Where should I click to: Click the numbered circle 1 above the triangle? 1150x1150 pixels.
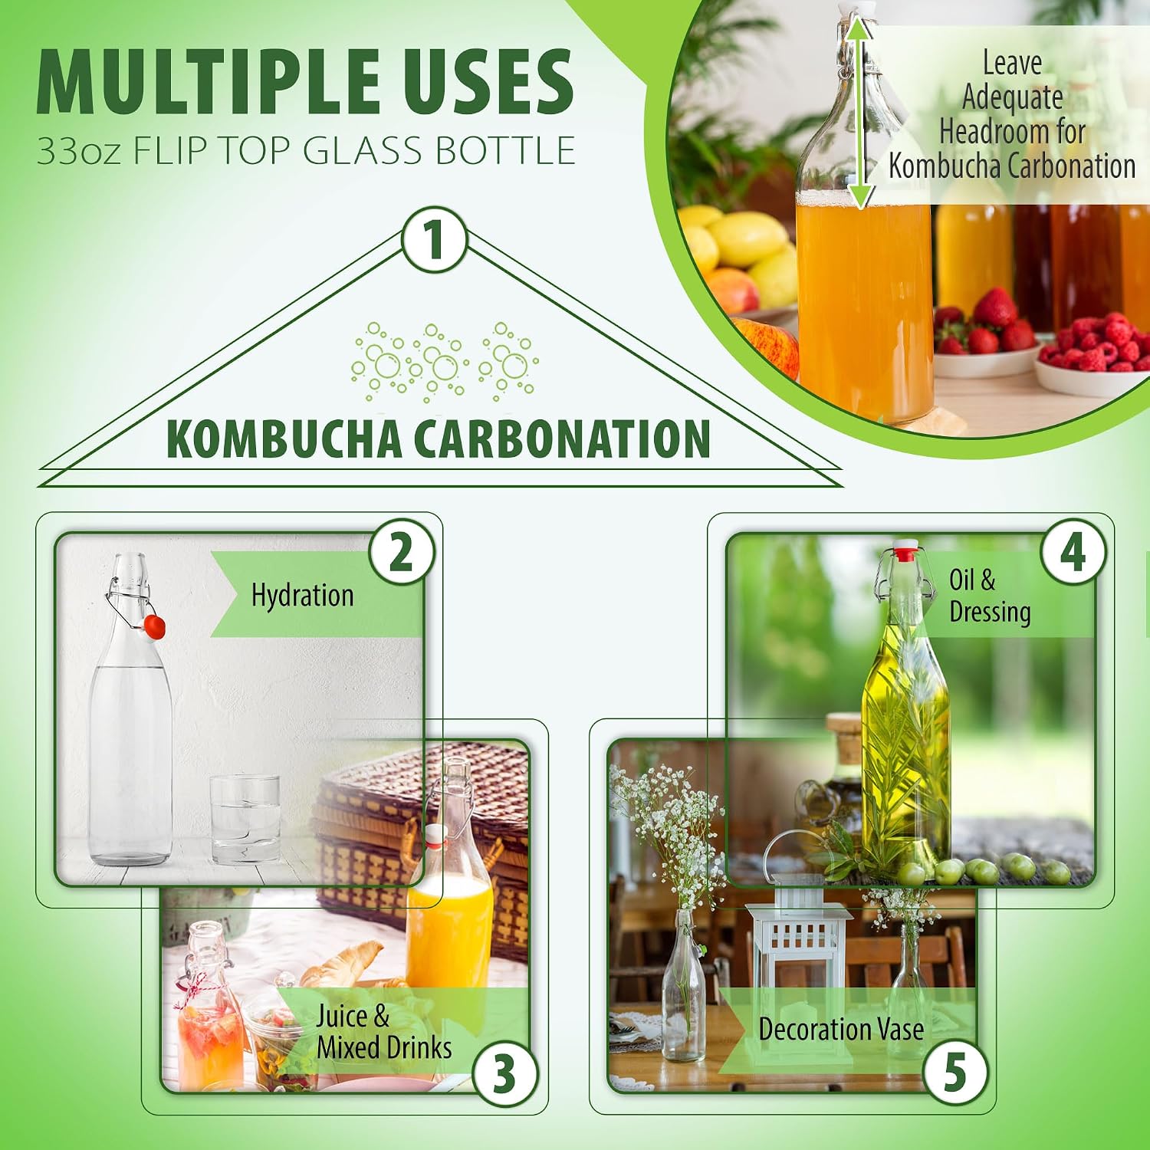coord(435,239)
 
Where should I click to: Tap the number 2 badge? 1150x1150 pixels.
coord(401,552)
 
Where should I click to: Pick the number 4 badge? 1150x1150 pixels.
coord(1073,552)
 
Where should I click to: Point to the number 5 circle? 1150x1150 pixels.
coord(955,1072)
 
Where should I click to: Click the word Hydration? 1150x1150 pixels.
coord(303,596)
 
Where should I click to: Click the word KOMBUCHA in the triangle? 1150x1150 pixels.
coord(284,439)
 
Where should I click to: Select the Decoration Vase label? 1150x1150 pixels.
coord(841,1029)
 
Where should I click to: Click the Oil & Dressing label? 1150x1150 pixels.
coord(990,596)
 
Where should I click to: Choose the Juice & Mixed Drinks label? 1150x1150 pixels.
coord(384,1032)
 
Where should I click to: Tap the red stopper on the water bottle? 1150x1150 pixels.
coord(155,626)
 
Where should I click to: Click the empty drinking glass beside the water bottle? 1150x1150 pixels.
coord(245,819)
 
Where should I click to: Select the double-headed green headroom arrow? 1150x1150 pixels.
coord(860,113)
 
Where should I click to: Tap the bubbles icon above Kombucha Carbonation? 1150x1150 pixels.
coord(444,362)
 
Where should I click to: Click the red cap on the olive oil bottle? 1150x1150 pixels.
coord(905,551)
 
